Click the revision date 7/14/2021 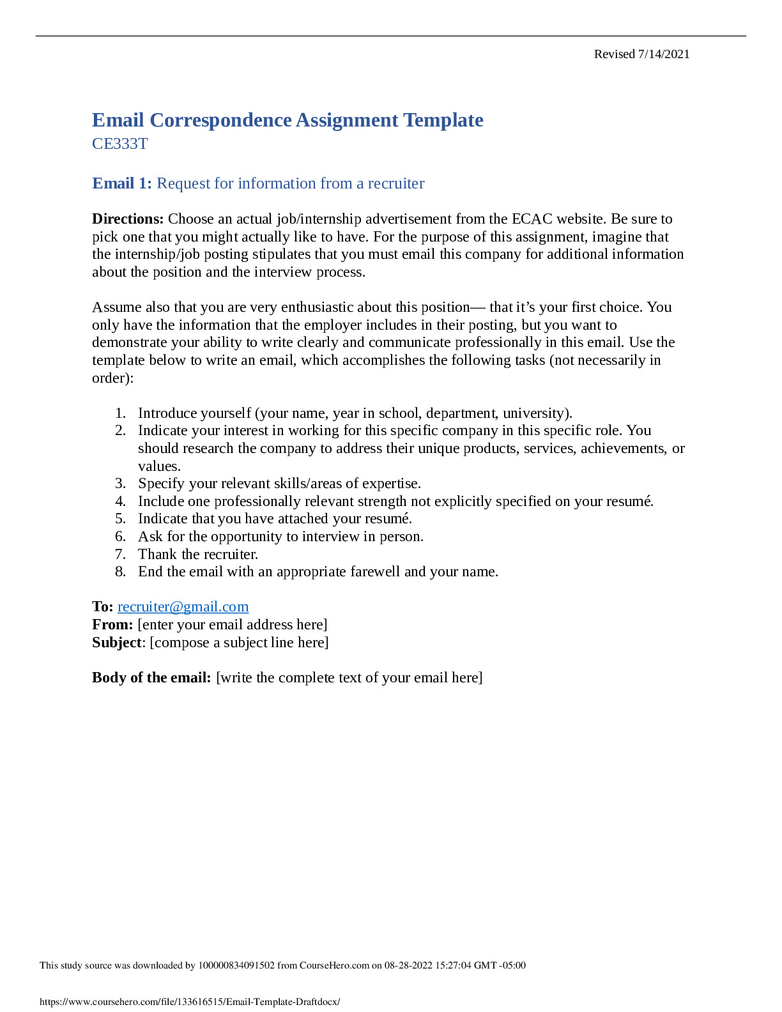click(x=664, y=54)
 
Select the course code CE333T click(x=119, y=144)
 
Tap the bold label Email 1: click(x=122, y=183)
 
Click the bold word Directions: click(x=128, y=219)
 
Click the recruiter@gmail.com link click(x=183, y=607)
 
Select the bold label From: click(x=112, y=625)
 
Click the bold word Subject click(x=116, y=643)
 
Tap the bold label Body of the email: click(x=151, y=678)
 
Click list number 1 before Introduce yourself click(x=120, y=413)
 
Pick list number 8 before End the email click(x=120, y=572)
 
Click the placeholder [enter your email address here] click(x=233, y=625)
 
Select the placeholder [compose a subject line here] click(x=239, y=643)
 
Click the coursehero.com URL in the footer click(x=190, y=1002)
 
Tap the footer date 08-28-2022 click(x=409, y=965)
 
